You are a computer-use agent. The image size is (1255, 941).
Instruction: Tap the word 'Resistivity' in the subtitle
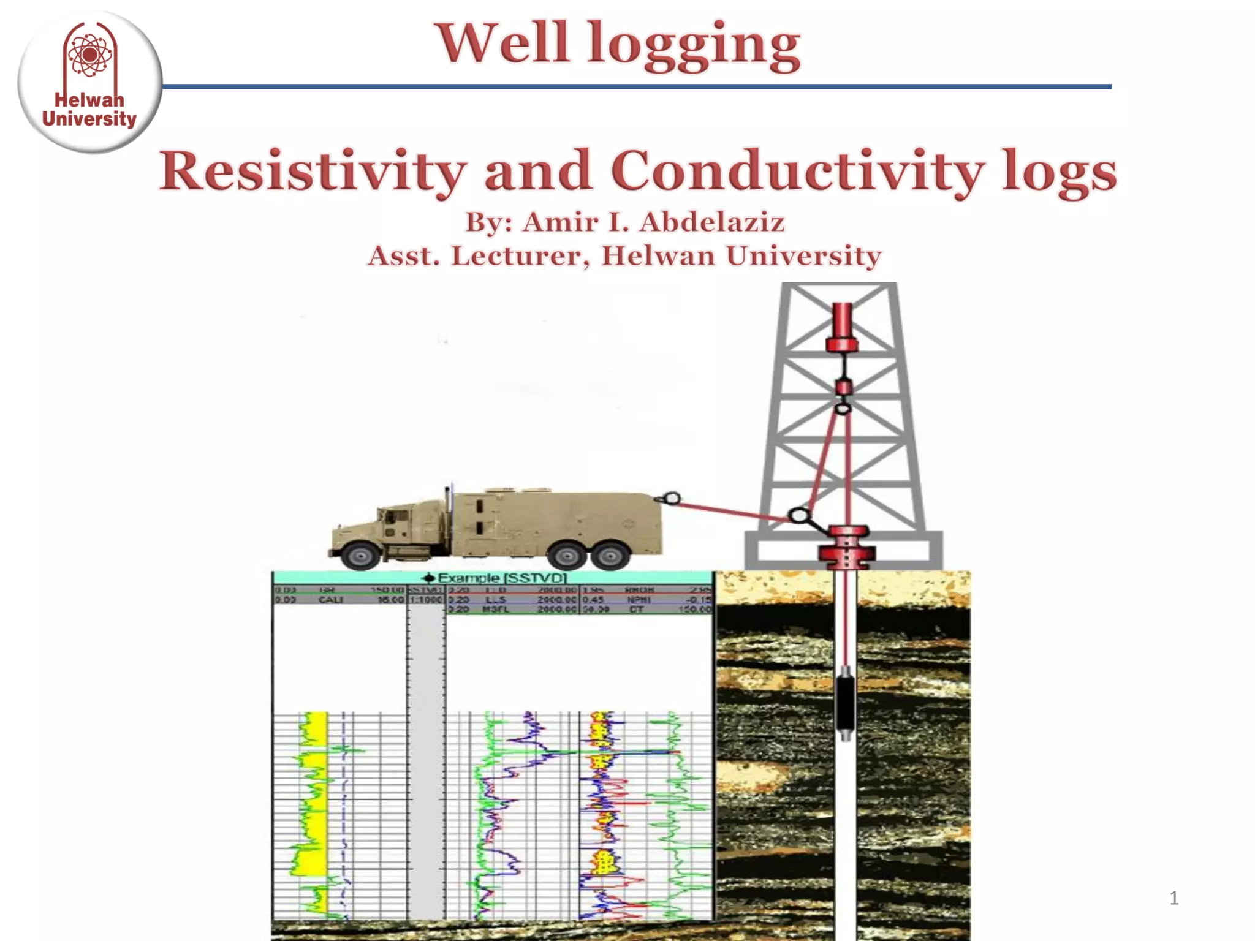(x=313, y=172)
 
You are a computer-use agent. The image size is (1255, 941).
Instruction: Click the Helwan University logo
(x=89, y=81)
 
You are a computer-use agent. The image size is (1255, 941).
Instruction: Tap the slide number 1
(x=1173, y=898)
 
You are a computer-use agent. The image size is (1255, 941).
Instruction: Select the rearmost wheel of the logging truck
(x=610, y=556)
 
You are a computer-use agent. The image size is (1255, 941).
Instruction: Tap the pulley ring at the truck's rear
(x=672, y=499)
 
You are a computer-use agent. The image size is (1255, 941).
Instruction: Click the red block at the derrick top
(x=843, y=328)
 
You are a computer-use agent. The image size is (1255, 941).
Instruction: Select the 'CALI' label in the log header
(x=330, y=600)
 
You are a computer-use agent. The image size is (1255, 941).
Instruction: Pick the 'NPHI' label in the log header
(x=635, y=600)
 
